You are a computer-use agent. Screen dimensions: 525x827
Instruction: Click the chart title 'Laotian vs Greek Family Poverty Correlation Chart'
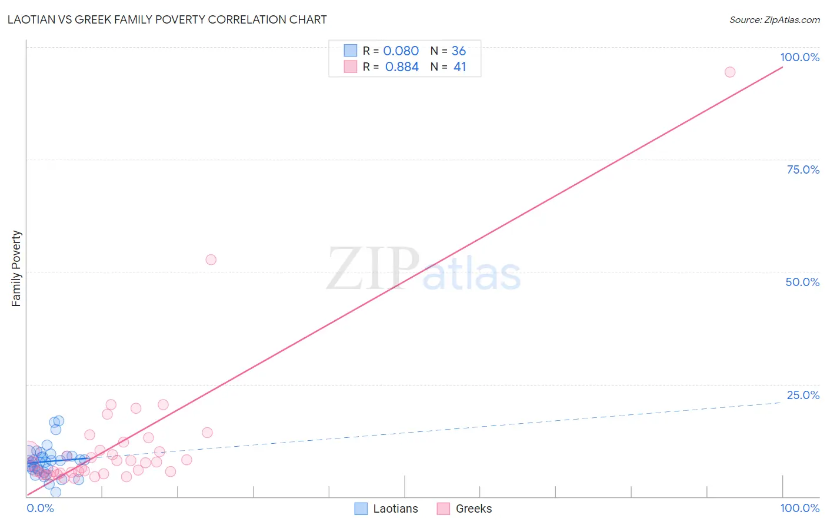pos(167,19)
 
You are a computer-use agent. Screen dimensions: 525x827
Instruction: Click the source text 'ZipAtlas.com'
pos(792,20)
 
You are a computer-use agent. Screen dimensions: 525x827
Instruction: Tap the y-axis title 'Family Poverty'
pos(16,268)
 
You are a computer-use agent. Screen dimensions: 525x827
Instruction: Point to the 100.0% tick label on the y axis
pos(799,57)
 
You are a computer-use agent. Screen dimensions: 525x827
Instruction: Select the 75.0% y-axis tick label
pos(803,170)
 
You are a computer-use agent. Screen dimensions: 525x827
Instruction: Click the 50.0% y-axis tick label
pos(802,282)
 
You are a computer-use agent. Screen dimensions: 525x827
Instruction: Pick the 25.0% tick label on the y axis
pos(803,395)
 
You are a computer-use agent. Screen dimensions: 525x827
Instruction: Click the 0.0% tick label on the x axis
pos(40,508)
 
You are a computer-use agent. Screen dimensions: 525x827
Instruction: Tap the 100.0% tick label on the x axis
pos(799,508)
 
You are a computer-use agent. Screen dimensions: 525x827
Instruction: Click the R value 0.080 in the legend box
pos(401,51)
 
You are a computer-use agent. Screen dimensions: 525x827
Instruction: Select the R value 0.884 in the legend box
pos(402,67)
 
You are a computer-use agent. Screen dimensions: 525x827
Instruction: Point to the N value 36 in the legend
pos(459,51)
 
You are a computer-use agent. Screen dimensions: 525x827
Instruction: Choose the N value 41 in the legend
pos(459,67)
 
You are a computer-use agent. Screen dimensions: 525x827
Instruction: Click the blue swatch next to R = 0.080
pos(351,51)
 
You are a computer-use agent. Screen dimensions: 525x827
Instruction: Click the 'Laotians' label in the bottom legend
pos(395,509)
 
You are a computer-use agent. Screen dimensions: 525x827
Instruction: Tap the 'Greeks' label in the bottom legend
pos(473,509)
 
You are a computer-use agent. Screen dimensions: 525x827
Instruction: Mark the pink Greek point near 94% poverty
pos(730,72)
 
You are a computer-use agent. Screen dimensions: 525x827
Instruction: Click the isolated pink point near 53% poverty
pos(211,260)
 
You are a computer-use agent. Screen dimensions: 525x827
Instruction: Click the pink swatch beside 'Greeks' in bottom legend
pos(443,509)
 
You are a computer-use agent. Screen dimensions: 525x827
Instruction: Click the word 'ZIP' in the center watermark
pos(373,270)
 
